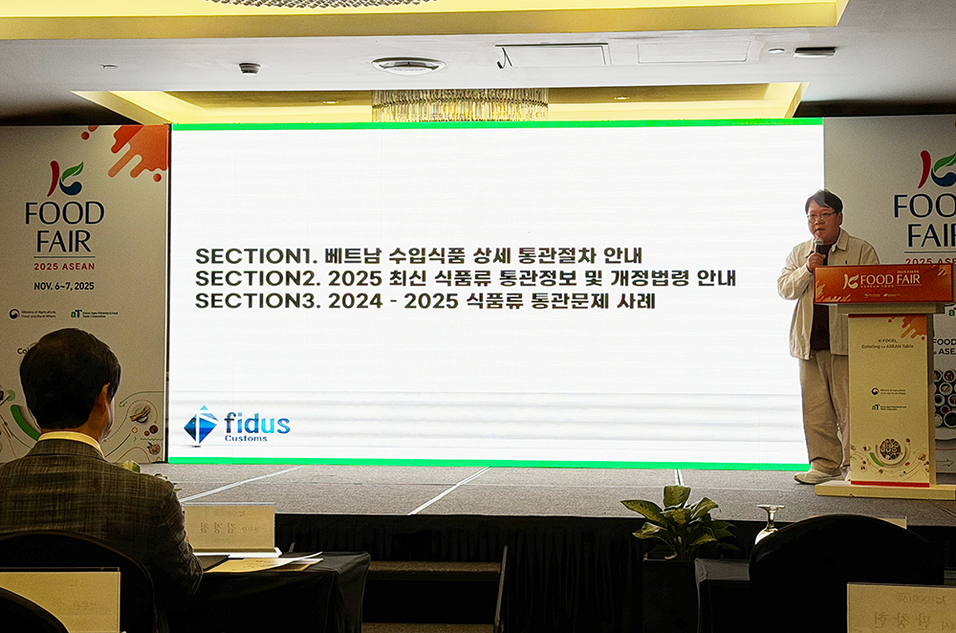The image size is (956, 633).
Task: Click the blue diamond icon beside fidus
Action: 201,426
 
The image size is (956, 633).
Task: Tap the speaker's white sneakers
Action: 818,475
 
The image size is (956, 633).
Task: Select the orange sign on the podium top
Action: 882,282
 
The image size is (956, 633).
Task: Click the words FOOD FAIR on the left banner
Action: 64,225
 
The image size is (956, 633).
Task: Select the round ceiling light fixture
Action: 408,65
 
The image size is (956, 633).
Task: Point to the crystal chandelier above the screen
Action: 459,104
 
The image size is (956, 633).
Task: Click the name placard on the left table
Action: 229,526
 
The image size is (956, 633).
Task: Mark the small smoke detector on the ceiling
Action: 250,69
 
